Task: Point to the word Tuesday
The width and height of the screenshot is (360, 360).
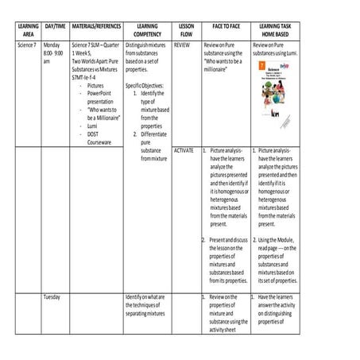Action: [53, 296]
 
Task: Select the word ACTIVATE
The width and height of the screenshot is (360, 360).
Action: [184, 150]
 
